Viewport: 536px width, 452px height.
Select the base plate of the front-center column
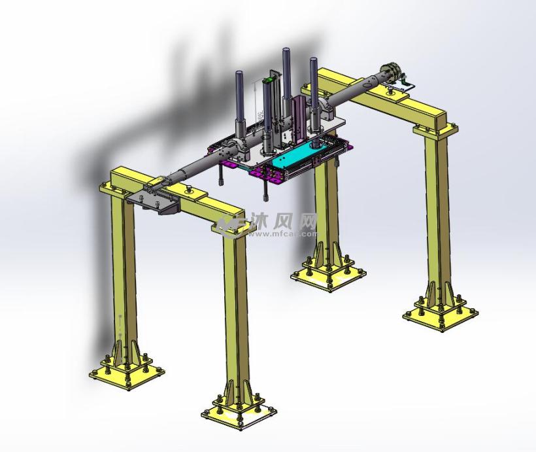point(239,415)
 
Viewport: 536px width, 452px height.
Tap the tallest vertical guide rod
point(286,78)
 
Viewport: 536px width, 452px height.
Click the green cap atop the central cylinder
point(268,80)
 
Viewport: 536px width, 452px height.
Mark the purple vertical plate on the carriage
point(299,118)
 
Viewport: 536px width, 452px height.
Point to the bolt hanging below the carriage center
point(267,190)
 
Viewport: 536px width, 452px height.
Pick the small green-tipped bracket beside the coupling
point(408,83)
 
